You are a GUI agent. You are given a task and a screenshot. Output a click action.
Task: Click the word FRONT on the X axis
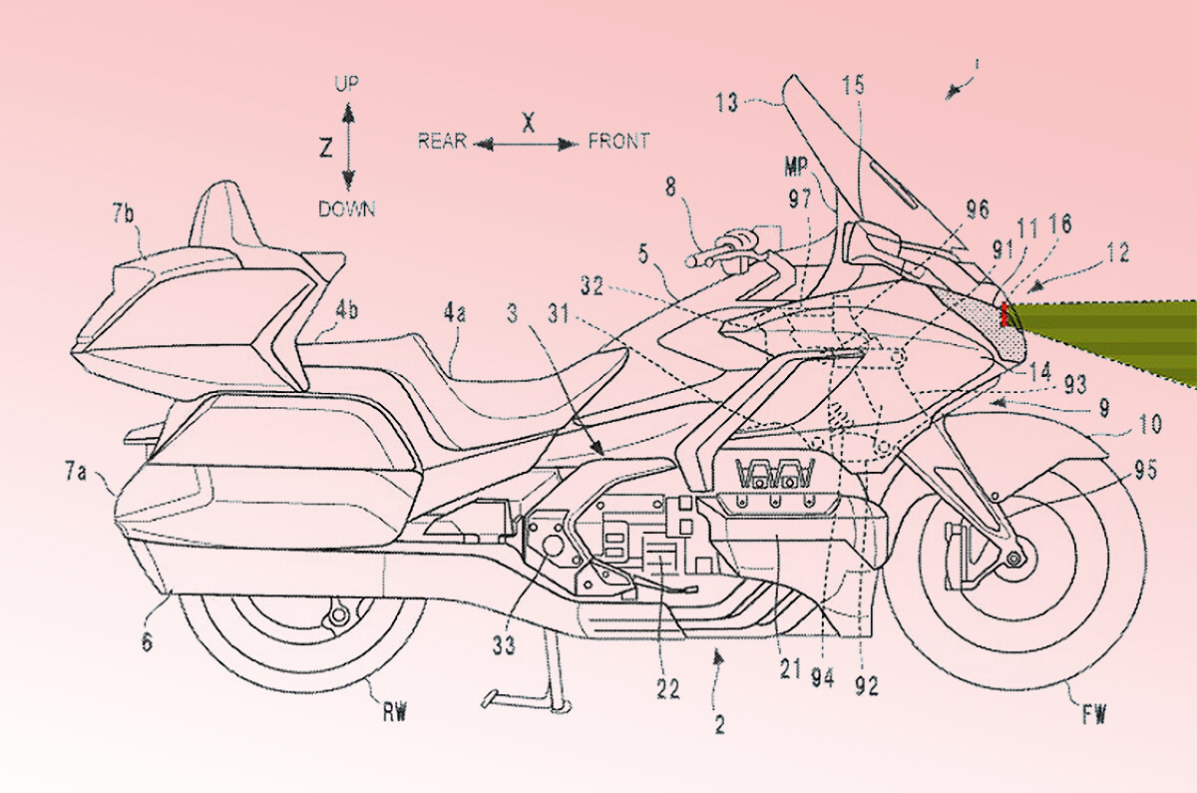click(618, 141)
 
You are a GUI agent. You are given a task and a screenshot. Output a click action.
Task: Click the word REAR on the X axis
click(442, 141)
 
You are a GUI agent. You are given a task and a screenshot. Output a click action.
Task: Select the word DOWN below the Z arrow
click(347, 208)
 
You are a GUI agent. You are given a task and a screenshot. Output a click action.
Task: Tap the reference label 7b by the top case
click(126, 213)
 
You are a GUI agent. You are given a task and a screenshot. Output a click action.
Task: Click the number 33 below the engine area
click(504, 645)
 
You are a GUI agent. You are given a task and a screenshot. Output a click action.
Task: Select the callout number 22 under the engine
click(668, 687)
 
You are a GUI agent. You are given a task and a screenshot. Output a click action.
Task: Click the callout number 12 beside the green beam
click(1118, 254)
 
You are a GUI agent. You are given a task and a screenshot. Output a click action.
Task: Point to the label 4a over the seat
click(455, 313)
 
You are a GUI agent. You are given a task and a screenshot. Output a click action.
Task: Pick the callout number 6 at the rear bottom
click(147, 616)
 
